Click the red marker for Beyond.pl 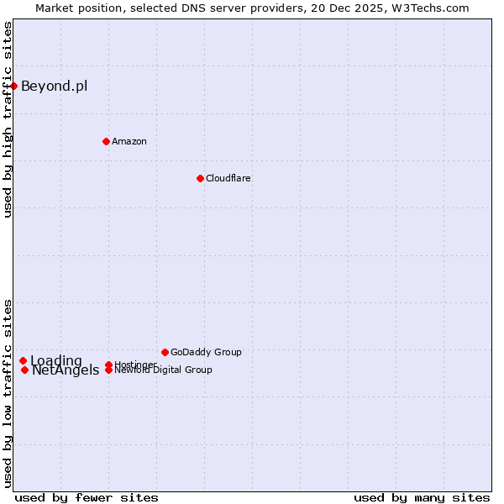click(13, 86)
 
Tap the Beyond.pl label click(54, 86)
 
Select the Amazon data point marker click(106, 141)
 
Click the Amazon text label click(129, 141)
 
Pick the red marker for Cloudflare click(200, 178)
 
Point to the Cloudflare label click(228, 178)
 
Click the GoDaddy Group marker click(165, 352)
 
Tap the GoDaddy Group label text click(206, 352)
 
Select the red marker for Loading click(23, 361)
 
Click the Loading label click(56, 361)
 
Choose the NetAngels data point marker click(25, 370)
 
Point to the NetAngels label click(66, 370)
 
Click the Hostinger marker click(108, 365)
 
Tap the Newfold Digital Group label click(163, 370)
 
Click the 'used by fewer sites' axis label click(87, 497)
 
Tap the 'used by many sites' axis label click(422, 497)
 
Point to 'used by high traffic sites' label click(8, 120)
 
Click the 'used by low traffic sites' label click(8, 393)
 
